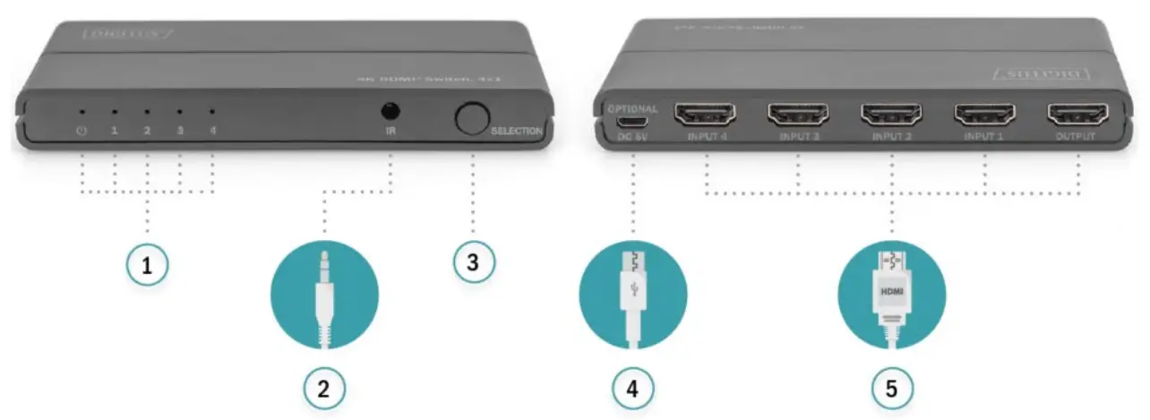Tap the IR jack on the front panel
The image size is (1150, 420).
point(390,113)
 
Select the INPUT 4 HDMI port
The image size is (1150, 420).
point(705,115)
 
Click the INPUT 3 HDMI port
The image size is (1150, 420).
point(798,115)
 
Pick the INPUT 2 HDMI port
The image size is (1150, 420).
point(891,115)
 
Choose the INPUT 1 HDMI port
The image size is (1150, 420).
point(984,115)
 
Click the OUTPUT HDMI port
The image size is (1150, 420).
point(1077,115)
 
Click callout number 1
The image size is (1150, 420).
point(146,264)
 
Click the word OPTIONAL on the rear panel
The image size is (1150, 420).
point(632,108)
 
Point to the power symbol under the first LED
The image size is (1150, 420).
point(82,132)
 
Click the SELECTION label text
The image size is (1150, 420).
point(517,131)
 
